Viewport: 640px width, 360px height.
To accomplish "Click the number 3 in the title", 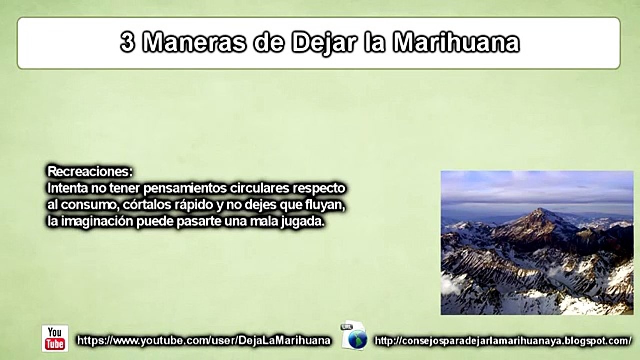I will click(128, 43).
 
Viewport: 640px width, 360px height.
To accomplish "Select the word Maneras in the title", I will click(195, 43).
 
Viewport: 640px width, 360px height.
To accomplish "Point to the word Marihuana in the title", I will click(456, 43).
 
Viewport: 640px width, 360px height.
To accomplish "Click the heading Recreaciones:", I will click(90, 172).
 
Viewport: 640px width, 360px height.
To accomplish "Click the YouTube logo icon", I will click(55, 338).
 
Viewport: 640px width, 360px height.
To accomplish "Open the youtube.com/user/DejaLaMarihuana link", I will click(204, 341).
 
